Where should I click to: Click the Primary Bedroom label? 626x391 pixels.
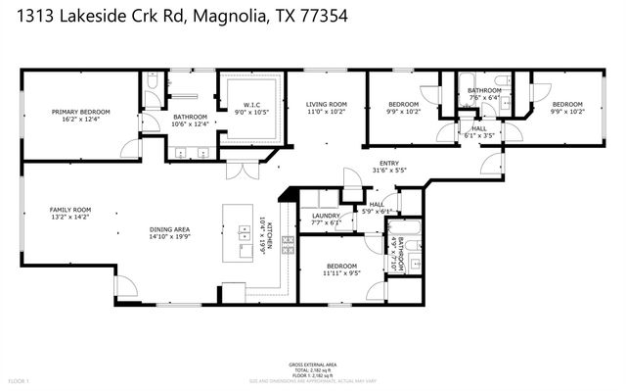pyautogui.click(x=77, y=112)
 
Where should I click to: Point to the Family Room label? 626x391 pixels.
pyautogui.click(x=70, y=209)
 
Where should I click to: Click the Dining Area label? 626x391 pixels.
pyautogui.click(x=168, y=229)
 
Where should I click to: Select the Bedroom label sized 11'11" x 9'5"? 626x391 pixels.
pyautogui.click(x=340, y=266)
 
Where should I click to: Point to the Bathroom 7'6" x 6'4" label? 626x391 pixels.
pyautogui.click(x=483, y=90)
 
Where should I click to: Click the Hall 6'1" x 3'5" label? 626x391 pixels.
pyautogui.click(x=479, y=127)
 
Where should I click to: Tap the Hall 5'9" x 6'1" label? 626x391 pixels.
pyautogui.click(x=376, y=204)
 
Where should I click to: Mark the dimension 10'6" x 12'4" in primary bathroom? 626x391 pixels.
pyautogui.click(x=191, y=123)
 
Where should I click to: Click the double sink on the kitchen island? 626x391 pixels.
pyautogui.click(x=242, y=233)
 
